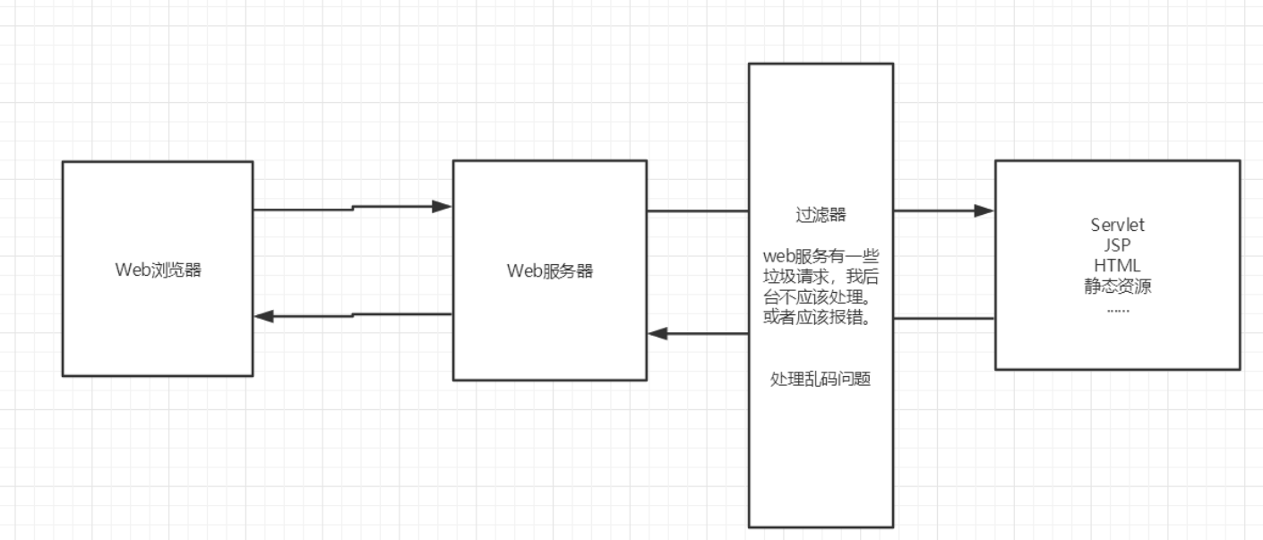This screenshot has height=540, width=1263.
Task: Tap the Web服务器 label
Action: click(549, 271)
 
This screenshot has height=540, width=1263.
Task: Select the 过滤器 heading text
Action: click(821, 215)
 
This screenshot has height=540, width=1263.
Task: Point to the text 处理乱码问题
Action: click(821, 379)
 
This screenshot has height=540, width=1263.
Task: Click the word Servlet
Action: click(1118, 224)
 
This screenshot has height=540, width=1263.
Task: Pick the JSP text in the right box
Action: click(1118, 244)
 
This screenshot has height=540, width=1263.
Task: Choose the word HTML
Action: click(1118, 265)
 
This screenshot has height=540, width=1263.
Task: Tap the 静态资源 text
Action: click(1118, 287)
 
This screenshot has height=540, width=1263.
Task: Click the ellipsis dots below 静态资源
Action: click(1118, 307)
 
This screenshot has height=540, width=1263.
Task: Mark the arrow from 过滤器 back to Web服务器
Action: click(699, 333)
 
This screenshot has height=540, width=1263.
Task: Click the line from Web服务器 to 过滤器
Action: click(698, 211)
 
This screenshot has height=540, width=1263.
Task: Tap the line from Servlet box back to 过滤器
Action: click(944, 318)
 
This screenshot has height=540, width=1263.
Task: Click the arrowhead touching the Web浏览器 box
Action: click(264, 316)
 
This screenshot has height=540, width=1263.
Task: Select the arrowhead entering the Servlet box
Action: click(984, 211)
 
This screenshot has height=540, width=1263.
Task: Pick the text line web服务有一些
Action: click(821, 258)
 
